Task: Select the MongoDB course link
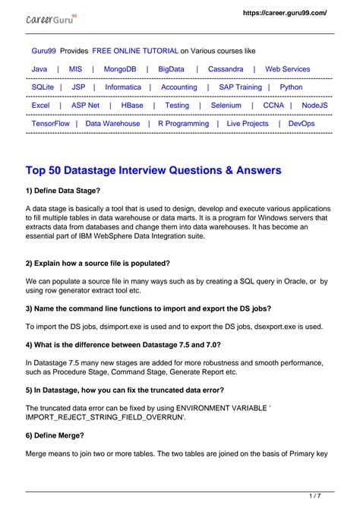click(121, 69)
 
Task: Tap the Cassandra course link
click(226, 69)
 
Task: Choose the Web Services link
click(288, 69)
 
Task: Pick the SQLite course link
click(43, 87)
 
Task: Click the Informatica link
click(123, 87)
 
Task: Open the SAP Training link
click(240, 87)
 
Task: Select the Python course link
click(291, 87)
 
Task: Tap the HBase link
click(131, 106)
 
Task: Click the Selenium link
click(226, 106)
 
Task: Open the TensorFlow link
click(51, 123)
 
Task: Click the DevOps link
click(302, 123)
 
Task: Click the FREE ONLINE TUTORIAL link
click(134, 50)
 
